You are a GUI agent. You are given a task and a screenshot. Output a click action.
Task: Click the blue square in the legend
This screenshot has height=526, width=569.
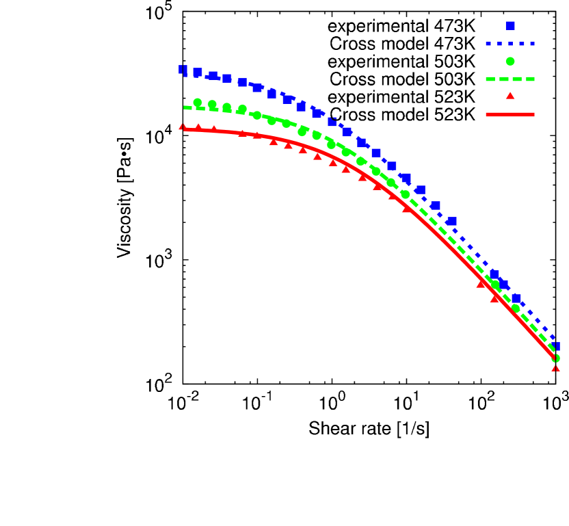(x=510, y=25)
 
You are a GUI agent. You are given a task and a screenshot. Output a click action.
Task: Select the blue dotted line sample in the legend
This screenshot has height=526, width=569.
(x=510, y=44)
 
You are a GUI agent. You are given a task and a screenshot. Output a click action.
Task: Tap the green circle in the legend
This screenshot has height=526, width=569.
(x=510, y=61)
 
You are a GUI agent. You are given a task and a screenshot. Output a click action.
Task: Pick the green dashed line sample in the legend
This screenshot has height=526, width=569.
(x=510, y=79)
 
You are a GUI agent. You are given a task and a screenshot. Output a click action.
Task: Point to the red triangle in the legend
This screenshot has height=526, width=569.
(x=510, y=96)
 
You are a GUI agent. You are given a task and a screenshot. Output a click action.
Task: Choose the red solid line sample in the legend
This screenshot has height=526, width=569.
(x=510, y=115)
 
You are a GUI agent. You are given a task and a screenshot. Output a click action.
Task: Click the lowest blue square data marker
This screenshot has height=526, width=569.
(x=556, y=347)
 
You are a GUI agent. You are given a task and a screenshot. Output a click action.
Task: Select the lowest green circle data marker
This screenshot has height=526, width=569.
(x=556, y=358)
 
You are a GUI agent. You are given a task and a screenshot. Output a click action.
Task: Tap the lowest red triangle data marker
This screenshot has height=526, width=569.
(x=555, y=368)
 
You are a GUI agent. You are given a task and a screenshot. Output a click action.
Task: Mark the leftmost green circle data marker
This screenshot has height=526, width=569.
(x=198, y=102)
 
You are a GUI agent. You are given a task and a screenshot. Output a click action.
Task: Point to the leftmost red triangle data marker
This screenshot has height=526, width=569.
(x=183, y=127)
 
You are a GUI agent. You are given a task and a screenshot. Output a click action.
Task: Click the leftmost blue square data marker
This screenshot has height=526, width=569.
(x=183, y=69)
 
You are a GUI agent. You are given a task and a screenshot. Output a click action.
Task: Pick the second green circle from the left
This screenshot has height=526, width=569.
(x=212, y=105)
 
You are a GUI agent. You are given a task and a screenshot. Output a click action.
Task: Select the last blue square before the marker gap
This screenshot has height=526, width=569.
(x=451, y=222)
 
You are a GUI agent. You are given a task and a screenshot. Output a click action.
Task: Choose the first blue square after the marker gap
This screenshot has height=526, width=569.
(x=494, y=274)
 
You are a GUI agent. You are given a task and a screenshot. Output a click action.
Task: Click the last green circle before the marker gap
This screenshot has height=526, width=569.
(x=406, y=194)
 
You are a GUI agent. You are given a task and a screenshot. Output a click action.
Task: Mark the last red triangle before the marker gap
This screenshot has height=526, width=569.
(x=406, y=209)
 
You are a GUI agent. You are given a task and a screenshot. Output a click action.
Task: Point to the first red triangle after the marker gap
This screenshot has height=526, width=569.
(x=481, y=283)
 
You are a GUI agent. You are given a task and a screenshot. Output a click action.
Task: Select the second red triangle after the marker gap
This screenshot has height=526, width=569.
(x=495, y=298)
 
